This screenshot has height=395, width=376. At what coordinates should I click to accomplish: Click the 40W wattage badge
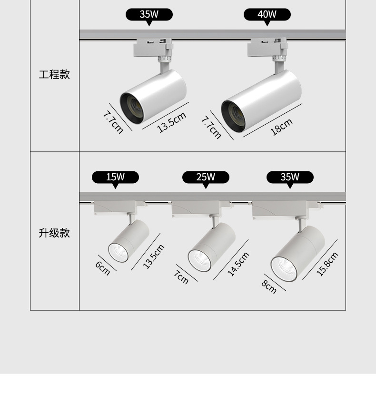pyautogui.click(x=267, y=14)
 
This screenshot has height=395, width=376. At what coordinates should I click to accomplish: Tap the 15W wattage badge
pyautogui.click(x=115, y=178)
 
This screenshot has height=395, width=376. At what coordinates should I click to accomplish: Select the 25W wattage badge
pyautogui.click(x=206, y=178)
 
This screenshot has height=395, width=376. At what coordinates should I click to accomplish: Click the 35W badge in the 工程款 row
pyautogui.click(x=149, y=14)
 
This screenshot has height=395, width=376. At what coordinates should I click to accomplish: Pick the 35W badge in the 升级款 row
pyautogui.click(x=290, y=178)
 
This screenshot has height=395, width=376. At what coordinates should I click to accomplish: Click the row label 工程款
pyautogui.click(x=54, y=75)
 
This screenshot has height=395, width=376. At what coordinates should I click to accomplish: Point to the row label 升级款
pyautogui.click(x=54, y=233)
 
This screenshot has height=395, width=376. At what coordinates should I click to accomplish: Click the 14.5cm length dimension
pyautogui.click(x=238, y=264)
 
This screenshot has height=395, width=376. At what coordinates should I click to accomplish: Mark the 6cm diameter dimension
pyautogui.click(x=102, y=268)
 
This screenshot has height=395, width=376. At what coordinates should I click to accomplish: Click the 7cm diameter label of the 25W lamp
pyautogui.click(x=181, y=277)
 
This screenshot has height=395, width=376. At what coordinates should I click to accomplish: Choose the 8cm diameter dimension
pyautogui.click(x=269, y=287)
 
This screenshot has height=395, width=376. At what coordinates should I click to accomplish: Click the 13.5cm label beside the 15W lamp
pyautogui.click(x=154, y=256)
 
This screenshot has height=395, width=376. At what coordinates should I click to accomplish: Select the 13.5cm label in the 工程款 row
pyautogui.click(x=171, y=122)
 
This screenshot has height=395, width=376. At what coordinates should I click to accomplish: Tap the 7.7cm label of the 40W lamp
pyautogui.click(x=211, y=127)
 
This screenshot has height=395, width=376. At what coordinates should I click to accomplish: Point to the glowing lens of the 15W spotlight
pyautogui.click(x=118, y=252)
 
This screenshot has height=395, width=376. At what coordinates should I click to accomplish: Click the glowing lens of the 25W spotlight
pyautogui.click(x=199, y=260)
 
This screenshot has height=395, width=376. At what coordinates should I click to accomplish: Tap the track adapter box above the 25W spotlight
pyautogui.click(x=195, y=208)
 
